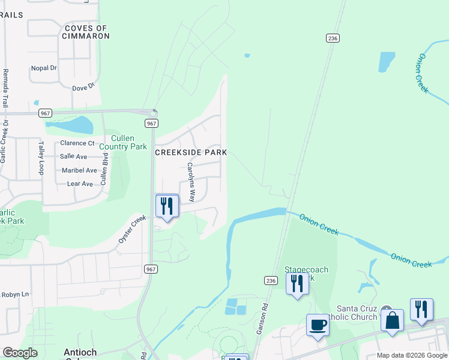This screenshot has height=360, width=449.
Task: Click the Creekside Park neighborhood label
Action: (x=191, y=152)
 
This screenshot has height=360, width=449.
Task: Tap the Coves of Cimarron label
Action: (x=86, y=32)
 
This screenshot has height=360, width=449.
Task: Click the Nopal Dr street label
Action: (x=43, y=68)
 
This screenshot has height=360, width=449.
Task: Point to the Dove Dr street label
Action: (x=83, y=88)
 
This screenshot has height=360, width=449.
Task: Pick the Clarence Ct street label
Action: (x=77, y=143)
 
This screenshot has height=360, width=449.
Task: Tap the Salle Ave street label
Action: (x=73, y=157)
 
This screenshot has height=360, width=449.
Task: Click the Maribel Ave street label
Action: (x=78, y=170)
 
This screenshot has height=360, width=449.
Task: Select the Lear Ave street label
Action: (x=80, y=184)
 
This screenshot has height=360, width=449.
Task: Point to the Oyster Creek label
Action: (x=132, y=229)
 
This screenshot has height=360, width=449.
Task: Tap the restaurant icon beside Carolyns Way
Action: (x=167, y=206)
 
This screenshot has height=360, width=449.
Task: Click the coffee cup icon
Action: (x=318, y=325)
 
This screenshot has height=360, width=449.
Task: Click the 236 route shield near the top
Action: (x=333, y=38)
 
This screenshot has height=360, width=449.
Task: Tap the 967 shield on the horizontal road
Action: (x=46, y=113)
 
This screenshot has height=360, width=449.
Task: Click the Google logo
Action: (x=20, y=353)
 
